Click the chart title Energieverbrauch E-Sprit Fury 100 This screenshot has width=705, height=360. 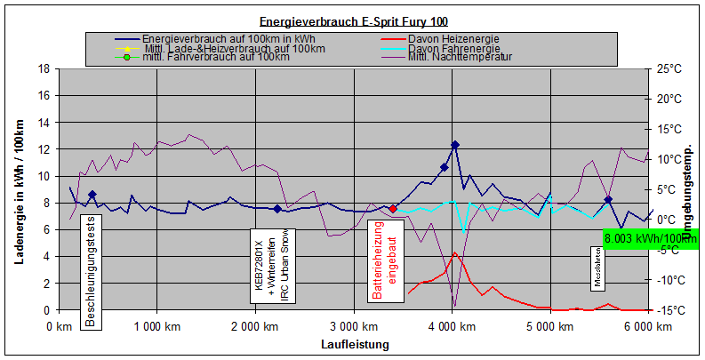pos(351,21)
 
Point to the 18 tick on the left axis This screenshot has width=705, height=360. pos(43,68)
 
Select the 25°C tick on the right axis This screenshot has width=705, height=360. pos(668,68)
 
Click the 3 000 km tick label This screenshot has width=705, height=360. pos(353,326)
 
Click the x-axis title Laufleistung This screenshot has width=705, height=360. pos(353,343)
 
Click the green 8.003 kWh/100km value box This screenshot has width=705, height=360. pos(650,238)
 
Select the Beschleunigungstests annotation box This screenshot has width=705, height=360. pos(90,271)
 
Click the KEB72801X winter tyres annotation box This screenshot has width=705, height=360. pos(271,267)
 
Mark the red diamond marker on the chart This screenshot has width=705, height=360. pos(392,209)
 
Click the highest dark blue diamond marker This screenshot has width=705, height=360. pos(455,145)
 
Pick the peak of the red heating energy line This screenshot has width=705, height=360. pos(454,252)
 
